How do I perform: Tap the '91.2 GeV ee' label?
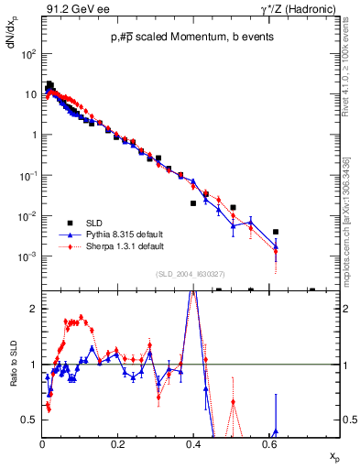click(71, 9)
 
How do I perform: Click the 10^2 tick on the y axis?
click(29, 53)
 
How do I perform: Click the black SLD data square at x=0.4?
click(192, 203)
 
